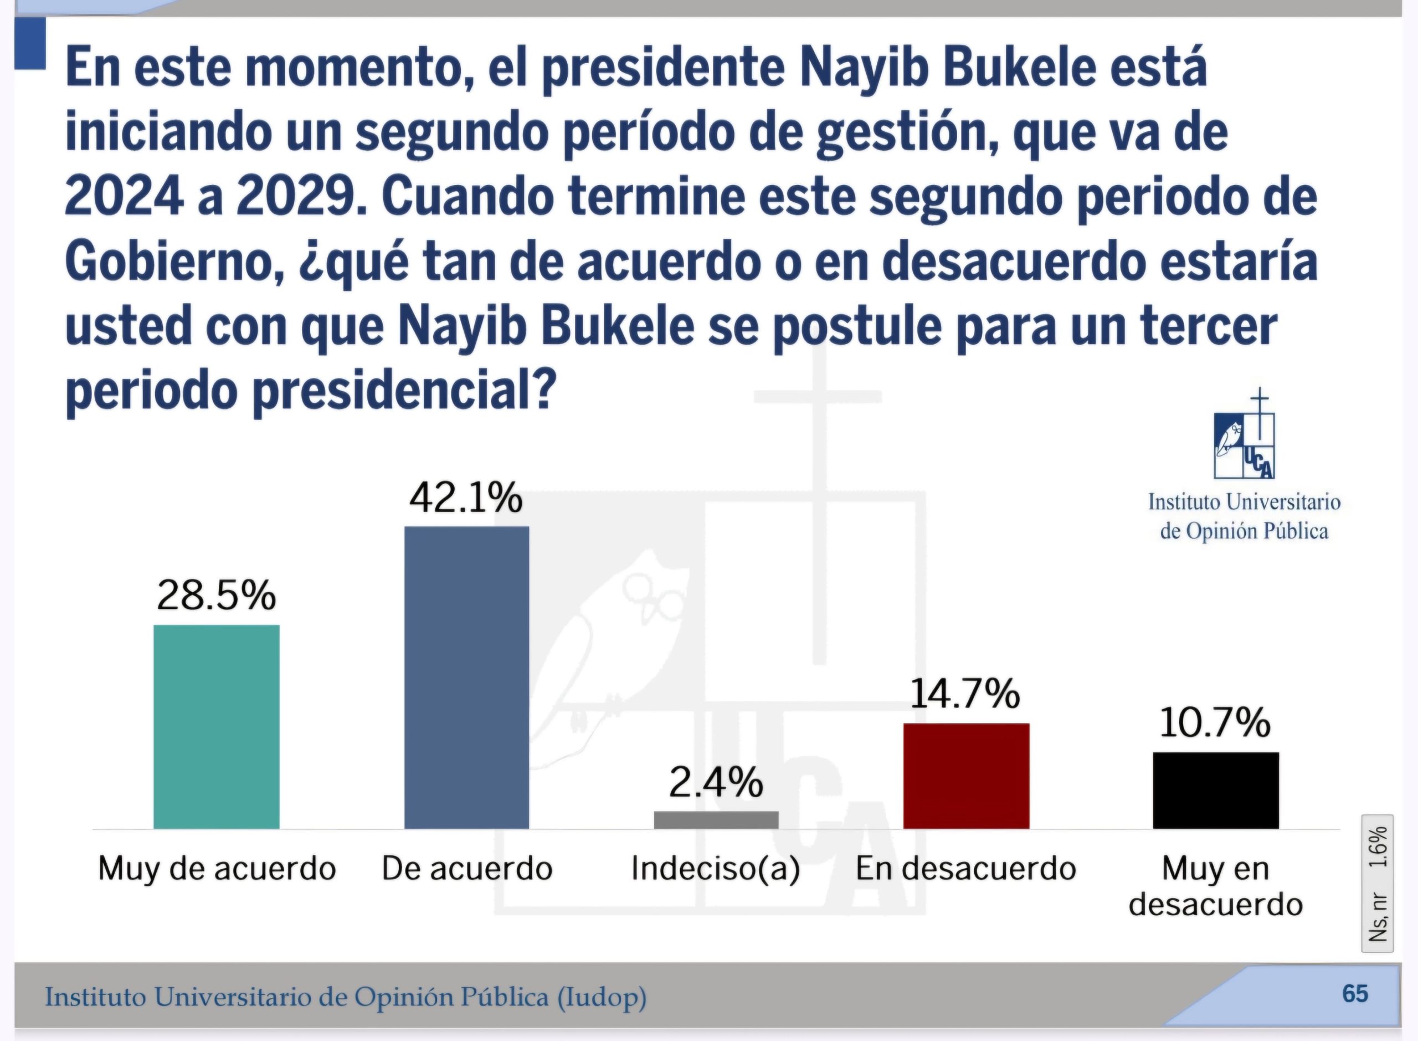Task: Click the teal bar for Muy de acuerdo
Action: [x=216, y=726]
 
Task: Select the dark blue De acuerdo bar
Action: [x=467, y=678]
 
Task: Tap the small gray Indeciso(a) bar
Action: [x=716, y=820]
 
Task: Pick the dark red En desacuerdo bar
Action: [x=967, y=776]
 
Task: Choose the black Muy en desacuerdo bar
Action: [x=1216, y=790]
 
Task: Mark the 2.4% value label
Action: [x=716, y=783]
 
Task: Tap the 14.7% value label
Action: [x=965, y=694]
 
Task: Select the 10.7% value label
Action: [x=1215, y=723]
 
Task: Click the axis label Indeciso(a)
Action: [x=716, y=869]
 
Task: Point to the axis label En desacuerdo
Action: [x=965, y=869]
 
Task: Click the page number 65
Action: [x=1355, y=994]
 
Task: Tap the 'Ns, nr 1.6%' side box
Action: [x=1378, y=883]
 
